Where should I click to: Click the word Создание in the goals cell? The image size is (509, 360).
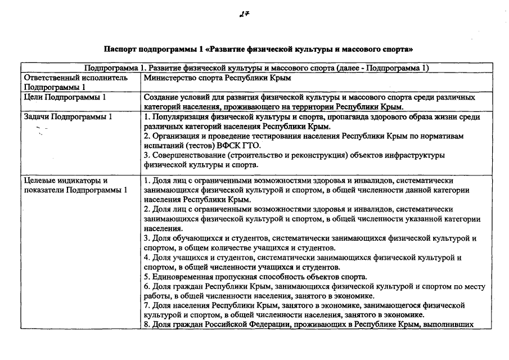(161, 97)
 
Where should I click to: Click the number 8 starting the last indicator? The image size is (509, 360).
(146, 325)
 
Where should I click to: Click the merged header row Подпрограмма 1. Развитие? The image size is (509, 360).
(256, 68)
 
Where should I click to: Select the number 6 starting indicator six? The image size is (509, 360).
(146, 286)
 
